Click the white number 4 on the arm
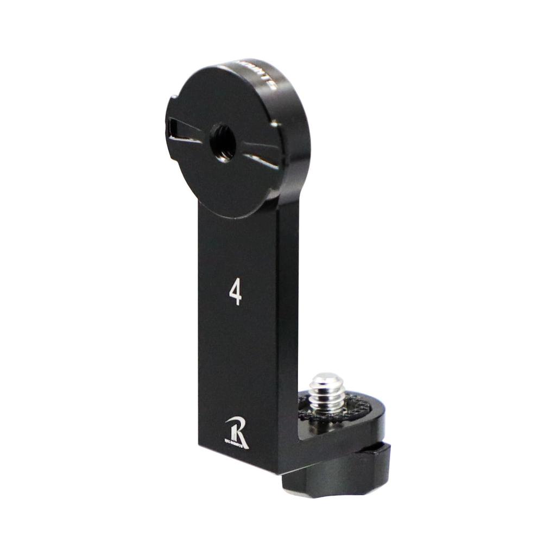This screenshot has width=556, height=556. point(235,293)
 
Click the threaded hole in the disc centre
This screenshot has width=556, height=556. point(223,143)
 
